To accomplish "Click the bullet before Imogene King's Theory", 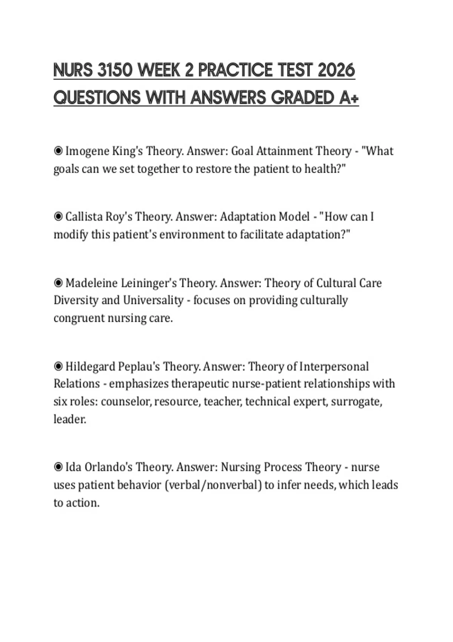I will [x=58, y=151].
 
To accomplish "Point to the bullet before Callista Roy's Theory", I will [x=58, y=217].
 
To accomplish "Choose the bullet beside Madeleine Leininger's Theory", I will [x=58, y=283].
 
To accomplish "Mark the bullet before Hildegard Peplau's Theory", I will [x=58, y=366].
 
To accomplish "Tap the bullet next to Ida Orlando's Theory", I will [x=58, y=467].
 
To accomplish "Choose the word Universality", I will [x=153, y=300].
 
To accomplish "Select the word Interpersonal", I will [x=334, y=366].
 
